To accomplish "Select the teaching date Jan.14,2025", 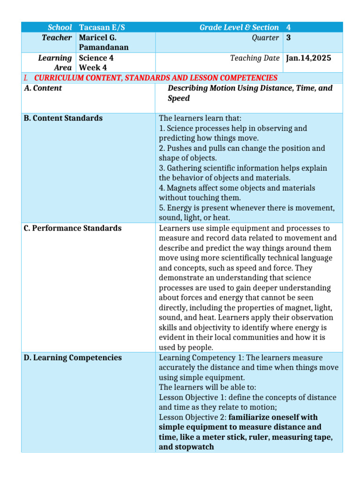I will [x=308, y=58].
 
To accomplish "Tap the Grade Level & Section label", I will [x=239, y=28].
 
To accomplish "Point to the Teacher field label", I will [x=57, y=38].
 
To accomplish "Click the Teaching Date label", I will [x=255, y=58].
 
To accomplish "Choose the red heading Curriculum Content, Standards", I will [x=156, y=78].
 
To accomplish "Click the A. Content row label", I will [x=43, y=88].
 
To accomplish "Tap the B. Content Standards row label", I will [x=63, y=118].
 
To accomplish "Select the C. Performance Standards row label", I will [x=72, y=228].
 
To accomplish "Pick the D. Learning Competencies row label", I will [x=72, y=358].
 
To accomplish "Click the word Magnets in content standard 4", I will [x=183, y=188].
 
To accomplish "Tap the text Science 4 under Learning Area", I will [x=96, y=58].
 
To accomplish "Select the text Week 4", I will [x=93, y=68].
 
